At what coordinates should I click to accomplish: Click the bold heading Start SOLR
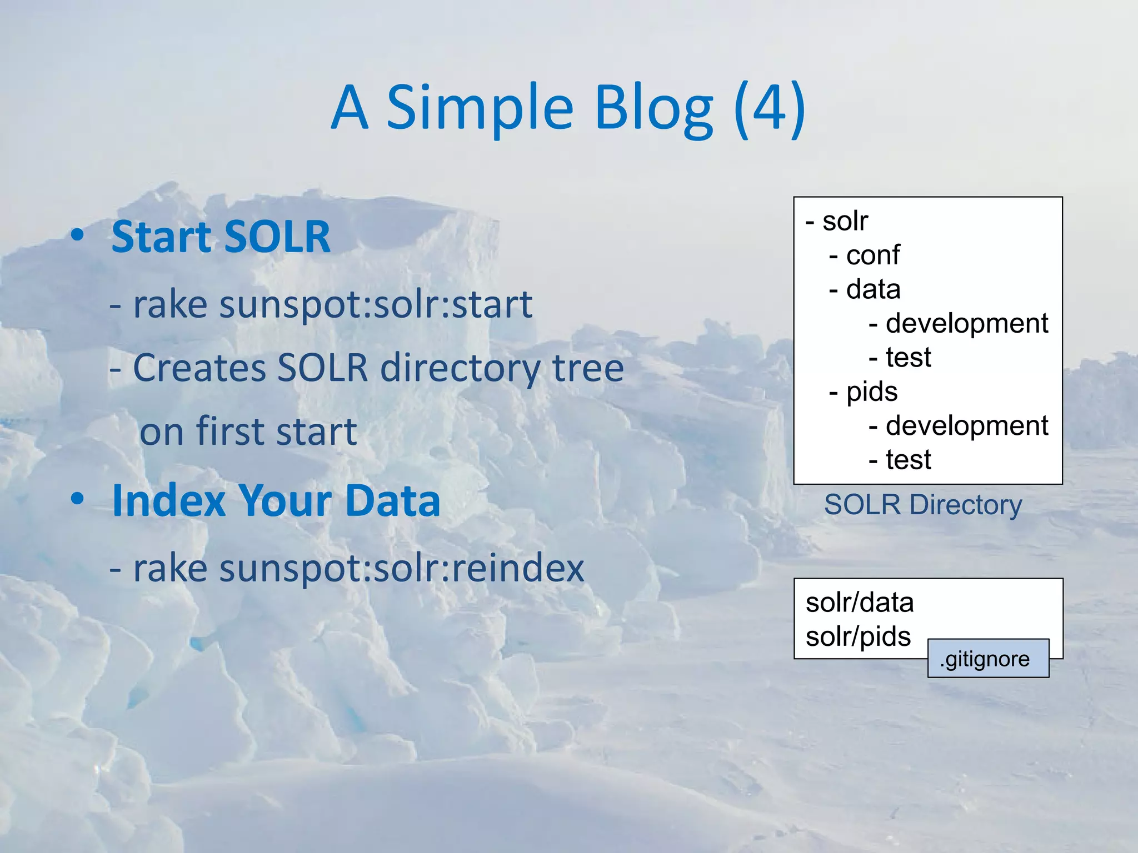[x=221, y=237]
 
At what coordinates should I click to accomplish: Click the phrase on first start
[x=248, y=431]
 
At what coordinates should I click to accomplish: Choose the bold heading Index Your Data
[x=276, y=500]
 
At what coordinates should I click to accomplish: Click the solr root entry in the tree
[x=845, y=221]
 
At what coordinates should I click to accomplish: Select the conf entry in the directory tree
[x=872, y=255]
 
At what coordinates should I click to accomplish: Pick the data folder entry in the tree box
[x=872, y=289]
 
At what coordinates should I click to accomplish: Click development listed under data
[x=966, y=323]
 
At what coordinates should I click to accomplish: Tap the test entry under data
[x=908, y=357]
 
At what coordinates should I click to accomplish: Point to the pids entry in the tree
[x=871, y=392]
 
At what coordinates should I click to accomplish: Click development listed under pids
[x=966, y=426]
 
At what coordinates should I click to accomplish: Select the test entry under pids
[x=908, y=460]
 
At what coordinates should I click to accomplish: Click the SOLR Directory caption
[x=922, y=505]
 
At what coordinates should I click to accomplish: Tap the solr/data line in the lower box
[x=859, y=603]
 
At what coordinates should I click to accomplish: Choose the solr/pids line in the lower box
[x=858, y=636]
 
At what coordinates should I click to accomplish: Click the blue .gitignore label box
[x=988, y=659]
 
